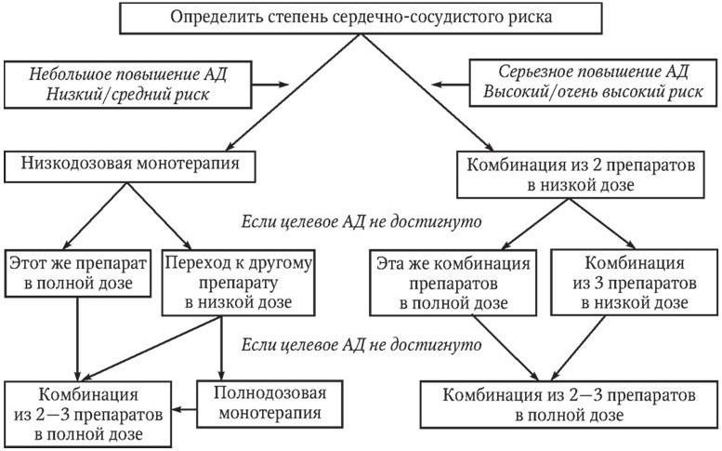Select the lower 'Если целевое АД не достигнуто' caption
pyautogui.click(x=360, y=345)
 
